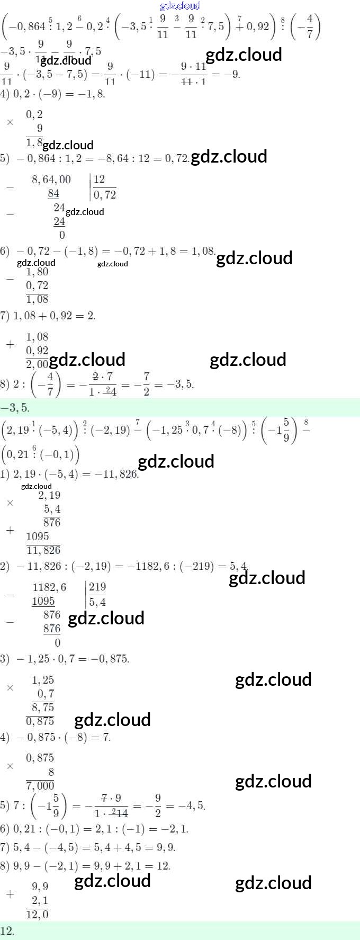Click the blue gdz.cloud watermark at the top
(180, 6)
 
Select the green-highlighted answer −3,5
(15, 408)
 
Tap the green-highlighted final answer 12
(7, 931)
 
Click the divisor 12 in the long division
(99, 179)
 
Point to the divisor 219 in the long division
(97, 586)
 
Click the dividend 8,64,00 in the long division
(51, 180)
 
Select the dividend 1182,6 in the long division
(50, 587)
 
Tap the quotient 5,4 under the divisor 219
(97, 602)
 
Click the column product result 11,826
(43, 550)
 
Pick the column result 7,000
(40, 785)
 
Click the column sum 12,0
(37, 914)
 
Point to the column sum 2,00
(37, 364)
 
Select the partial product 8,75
(43, 707)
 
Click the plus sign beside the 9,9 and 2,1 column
(10, 893)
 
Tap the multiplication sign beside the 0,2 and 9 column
(10, 122)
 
